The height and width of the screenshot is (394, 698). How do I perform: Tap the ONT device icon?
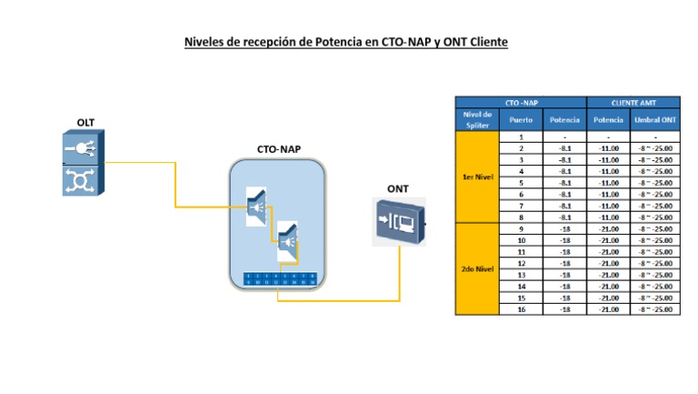pyautogui.click(x=398, y=222)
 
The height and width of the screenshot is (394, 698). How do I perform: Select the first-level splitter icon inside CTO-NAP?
pyautogui.click(x=257, y=207)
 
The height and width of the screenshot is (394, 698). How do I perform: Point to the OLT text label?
pyautogui.click(x=85, y=122)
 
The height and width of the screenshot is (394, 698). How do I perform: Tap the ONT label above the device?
pyautogui.click(x=398, y=189)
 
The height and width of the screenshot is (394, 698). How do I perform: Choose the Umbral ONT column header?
pyautogui.click(x=655, y=120)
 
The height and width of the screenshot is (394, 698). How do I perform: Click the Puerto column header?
pyautogui.click(x=521, y=120)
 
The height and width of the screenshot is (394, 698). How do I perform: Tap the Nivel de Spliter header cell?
pyautogui.click(x=477, y=120)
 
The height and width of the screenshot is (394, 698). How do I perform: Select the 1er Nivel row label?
pyautogui.click(x=477, y=177)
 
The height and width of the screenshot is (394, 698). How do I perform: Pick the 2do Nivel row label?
pyautogui.click(x=477, y=268)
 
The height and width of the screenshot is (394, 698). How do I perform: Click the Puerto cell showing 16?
pyautogui.click(x=521, y=309)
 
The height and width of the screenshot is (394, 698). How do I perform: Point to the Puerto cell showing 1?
pyautogui.click(x=521, y=136)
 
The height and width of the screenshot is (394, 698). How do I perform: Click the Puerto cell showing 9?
pyautogui.click(x=521, y=229)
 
